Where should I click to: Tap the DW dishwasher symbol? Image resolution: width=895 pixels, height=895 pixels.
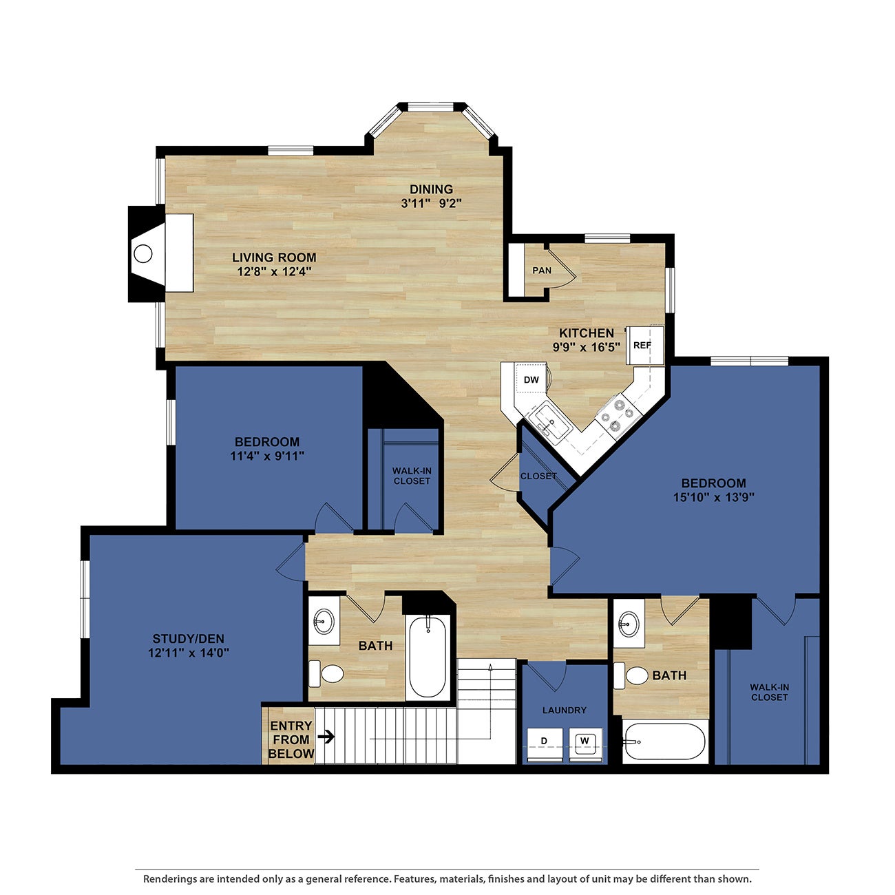coord(531,379)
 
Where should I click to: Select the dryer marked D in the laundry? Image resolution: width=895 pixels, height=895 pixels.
coord(544,741)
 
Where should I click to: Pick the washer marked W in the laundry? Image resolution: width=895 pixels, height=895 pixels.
coord(585,741)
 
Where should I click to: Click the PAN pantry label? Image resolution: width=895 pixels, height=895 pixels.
coord(542,271)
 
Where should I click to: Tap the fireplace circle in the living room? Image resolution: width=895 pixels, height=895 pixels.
coord(143,253)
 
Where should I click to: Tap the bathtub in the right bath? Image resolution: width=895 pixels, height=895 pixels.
coord(665,741)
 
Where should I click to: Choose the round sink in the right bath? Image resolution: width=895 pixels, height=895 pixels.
coord(627,626)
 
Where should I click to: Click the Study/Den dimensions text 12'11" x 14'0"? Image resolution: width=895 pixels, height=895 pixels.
coord(188,652)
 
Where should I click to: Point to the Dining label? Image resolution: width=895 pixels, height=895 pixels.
coord(431,189)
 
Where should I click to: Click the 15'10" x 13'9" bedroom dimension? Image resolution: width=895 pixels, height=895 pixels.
coord(714,497)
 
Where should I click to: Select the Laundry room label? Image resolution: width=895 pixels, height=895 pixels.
coord(564,710)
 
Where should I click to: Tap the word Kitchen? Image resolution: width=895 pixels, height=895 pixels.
coord(586,333)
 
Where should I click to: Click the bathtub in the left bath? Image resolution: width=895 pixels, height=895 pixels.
coord(428,657)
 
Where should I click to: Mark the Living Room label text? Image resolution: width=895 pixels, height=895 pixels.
coord(274,257)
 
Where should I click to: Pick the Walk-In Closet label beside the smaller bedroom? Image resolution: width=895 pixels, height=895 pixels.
coord(412,476)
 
